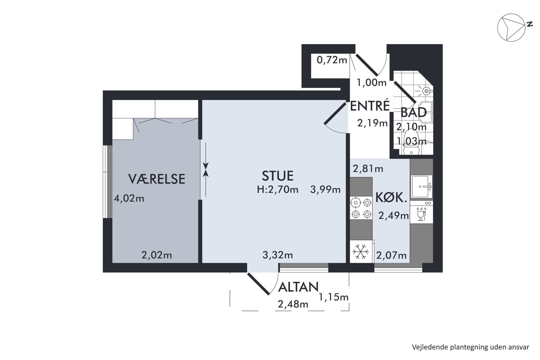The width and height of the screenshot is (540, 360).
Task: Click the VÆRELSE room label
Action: (157, 179)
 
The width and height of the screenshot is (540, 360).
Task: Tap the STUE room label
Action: (278, 176)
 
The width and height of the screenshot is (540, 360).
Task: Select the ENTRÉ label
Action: (370, 106)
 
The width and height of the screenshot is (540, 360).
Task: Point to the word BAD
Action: (413, 112)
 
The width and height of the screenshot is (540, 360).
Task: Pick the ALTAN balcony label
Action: (298, 287)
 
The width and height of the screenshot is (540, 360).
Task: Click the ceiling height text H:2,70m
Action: (278, 189)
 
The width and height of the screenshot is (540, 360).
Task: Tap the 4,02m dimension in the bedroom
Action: (129, 198)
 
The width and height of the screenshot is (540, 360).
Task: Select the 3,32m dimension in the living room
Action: (278, 255)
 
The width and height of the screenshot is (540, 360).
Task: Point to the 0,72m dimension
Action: (332, 60)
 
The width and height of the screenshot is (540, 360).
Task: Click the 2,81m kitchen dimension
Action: (368, 169)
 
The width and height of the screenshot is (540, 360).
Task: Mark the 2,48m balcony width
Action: (293, 304)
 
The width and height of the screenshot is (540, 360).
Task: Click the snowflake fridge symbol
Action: (361, 251)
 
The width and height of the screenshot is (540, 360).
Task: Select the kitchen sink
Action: (422, 186)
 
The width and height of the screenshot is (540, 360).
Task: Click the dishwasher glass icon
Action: (421, 214)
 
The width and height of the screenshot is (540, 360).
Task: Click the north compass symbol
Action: (511, 27)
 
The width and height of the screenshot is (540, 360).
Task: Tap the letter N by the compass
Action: (529, 24)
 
